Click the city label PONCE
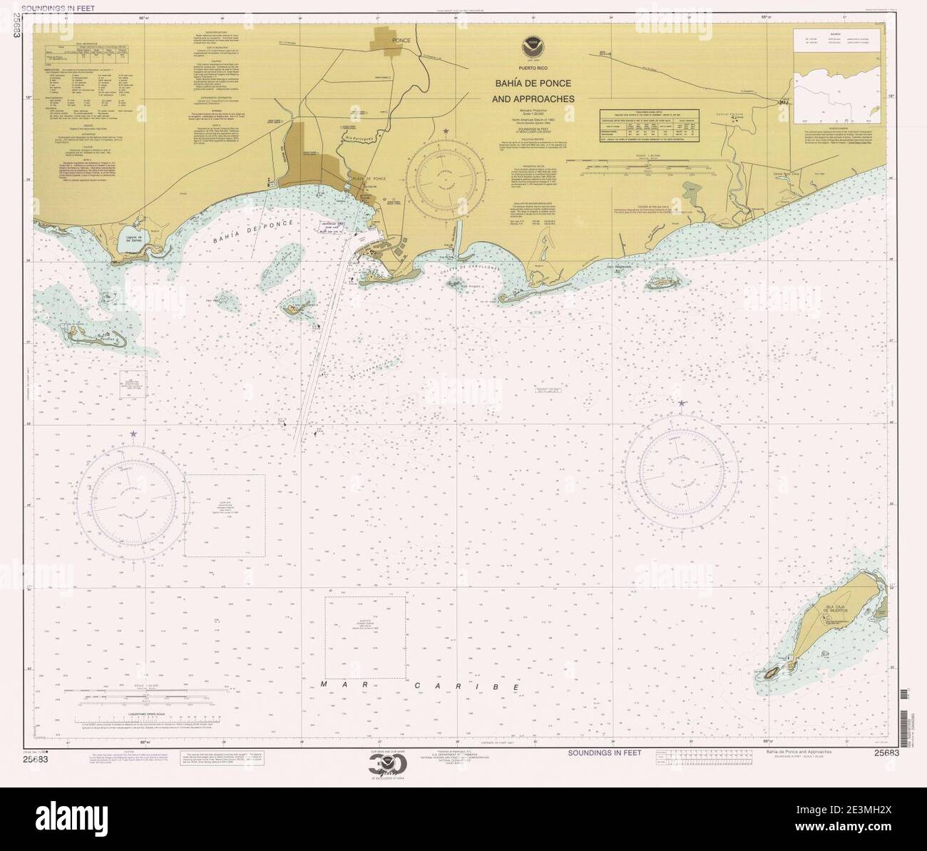(x=401, y=41)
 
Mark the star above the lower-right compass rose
(x=682, y=404)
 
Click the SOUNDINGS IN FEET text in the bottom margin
(x=604, y=753)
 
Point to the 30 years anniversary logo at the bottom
(x=387, y=767)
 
